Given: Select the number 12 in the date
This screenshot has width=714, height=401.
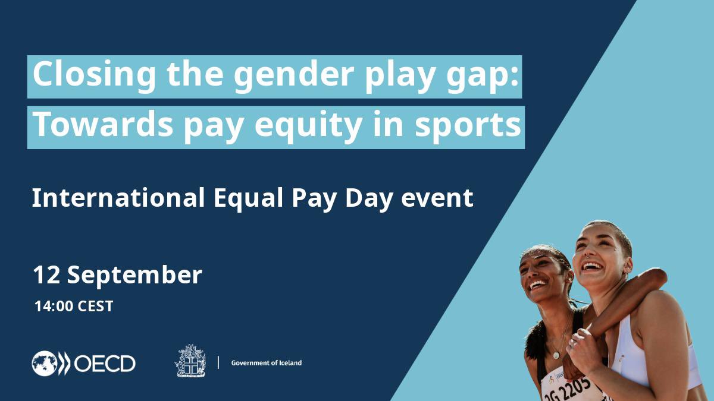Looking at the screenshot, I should [x=47, y=275].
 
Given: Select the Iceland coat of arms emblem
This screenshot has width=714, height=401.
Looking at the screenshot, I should [x=190, y=361].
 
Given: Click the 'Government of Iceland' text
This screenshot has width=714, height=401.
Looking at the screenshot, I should [x=266, y=363].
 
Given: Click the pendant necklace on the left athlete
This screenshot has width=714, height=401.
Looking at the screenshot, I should [x=556, y=355].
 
